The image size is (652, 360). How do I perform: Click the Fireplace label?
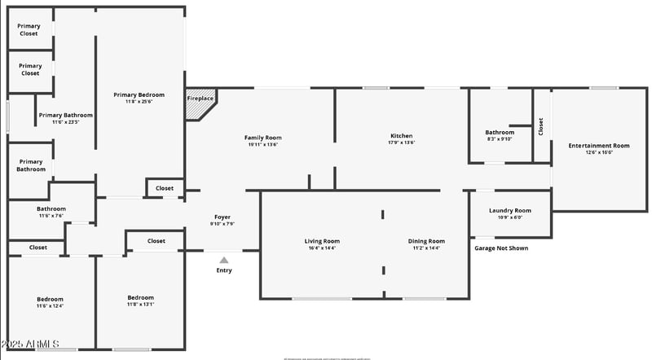pos(200,99)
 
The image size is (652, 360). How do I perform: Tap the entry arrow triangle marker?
pos(224,261)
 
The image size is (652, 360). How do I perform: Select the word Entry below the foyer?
pos(224,270)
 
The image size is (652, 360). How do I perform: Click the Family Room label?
pos(263,138)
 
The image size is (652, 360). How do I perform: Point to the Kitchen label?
pos(402,135)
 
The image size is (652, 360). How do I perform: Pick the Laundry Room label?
pos(510,210)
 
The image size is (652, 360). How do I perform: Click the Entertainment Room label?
pos(599,145)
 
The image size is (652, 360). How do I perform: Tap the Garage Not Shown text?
pos(501,248)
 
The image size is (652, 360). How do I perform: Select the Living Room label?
pos(322,241)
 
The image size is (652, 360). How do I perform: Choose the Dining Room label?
pos(426,241)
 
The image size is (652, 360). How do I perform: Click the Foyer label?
pos(222,217)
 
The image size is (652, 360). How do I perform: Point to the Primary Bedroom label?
pos(139,94)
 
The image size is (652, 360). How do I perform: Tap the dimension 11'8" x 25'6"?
pos(139,102)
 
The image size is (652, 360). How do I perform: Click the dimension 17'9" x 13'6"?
pos(402,143)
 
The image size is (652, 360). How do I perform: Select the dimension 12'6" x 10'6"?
pos(599,152)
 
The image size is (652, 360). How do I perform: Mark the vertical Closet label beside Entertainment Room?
pos(540,126)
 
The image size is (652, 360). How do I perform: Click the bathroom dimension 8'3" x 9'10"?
pos(500,138)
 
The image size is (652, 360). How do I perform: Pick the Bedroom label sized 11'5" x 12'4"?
pos(50,299)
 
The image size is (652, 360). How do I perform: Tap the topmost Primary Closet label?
pos(29,30)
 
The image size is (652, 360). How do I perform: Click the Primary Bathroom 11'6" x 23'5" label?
pos(66,115)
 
